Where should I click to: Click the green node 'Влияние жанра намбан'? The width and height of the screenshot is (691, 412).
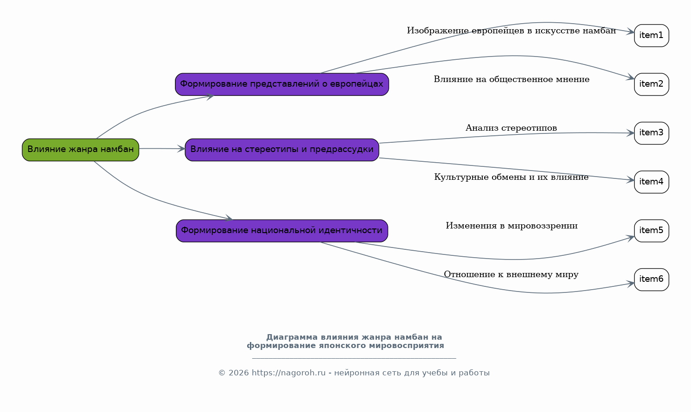(81, 150)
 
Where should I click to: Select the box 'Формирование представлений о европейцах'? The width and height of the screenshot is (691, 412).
(282, 84)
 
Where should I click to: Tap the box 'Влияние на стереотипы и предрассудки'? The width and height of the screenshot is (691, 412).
(282, 150)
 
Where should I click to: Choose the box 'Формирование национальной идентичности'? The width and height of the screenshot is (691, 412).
(282, 231)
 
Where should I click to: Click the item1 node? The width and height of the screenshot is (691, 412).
(652, 36)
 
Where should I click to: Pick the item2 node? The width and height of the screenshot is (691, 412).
(652, 84)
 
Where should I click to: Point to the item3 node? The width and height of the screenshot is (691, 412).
(652, 133)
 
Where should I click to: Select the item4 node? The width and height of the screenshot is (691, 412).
(652, 182)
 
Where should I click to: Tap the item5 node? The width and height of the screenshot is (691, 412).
(652, 231)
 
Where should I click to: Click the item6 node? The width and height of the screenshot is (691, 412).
(652, 279)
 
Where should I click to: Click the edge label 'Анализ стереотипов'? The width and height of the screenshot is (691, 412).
(511, 128)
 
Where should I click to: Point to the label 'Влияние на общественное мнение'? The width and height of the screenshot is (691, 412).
(511, 79)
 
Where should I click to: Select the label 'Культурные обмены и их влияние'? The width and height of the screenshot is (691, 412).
(511, 177)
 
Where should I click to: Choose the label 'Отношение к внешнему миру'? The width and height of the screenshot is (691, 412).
(511, 274)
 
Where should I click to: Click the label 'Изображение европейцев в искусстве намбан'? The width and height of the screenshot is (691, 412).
(511, 31)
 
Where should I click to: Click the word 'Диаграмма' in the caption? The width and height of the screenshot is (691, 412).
(292, 337)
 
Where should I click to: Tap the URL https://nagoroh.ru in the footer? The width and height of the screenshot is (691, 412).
(289, 373)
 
